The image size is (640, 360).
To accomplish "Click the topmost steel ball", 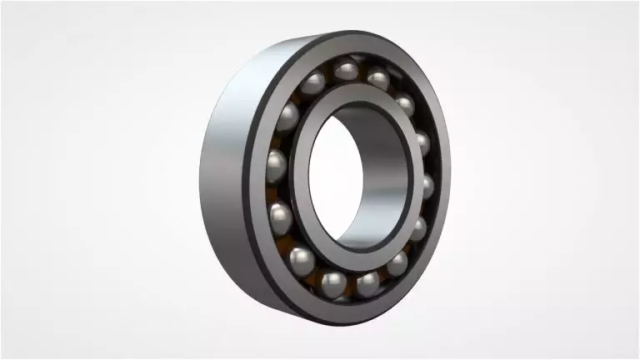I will [x=346, y=70].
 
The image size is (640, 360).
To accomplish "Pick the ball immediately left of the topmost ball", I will [x=313, y=82].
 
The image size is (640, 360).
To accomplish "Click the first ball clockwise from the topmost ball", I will [x=377, y=80].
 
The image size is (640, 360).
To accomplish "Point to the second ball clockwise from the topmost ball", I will [x=404, y=105].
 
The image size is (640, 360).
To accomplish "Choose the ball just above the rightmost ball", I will [x=422, y=142].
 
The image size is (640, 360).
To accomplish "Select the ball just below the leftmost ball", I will [x=281, y=217].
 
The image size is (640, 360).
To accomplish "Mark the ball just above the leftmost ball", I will [x=289, y=117].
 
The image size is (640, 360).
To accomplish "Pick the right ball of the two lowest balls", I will [x=367, y=283].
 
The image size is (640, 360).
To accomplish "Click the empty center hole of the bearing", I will [x=337, y=179].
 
